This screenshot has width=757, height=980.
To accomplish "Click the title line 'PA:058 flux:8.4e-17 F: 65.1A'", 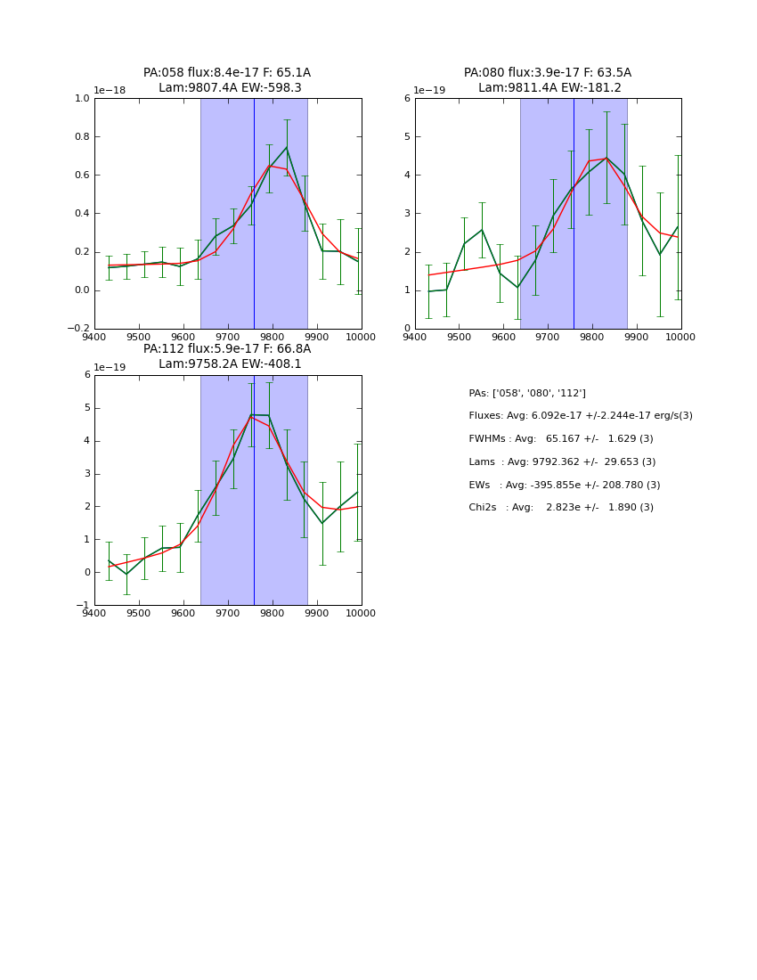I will (x=227, y=73).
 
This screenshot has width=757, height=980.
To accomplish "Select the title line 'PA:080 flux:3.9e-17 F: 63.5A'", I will (x=547, y=73).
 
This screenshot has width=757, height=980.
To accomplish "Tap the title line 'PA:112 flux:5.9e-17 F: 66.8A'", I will (x=227, y=349).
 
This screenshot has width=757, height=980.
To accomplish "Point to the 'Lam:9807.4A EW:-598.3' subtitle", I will (x=230, y=88).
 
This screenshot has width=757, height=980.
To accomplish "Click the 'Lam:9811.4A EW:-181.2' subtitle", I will (x=549, y=88).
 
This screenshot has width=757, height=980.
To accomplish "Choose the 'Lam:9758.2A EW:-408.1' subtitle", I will (x=230, y=364).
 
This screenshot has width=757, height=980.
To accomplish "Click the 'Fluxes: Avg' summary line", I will (x=580, y=416).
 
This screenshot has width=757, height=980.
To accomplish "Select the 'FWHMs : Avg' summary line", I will (x=560, y=439).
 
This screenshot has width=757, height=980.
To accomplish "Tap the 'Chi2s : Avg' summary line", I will (x=560, y=508).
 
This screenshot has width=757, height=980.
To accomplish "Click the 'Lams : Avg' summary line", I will (x=562, y=462).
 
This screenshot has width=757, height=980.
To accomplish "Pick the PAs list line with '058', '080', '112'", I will (x=526, y=394).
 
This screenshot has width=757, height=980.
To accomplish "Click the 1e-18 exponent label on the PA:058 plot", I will (x=111, y=91).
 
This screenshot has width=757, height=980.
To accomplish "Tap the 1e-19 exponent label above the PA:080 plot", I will (x=431, y=91).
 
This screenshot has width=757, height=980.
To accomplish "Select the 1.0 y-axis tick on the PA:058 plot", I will (x=81, y=99).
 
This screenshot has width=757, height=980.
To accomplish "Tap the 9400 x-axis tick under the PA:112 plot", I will (x=94, y=614).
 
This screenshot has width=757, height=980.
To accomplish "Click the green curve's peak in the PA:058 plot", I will (x=286, y=147).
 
